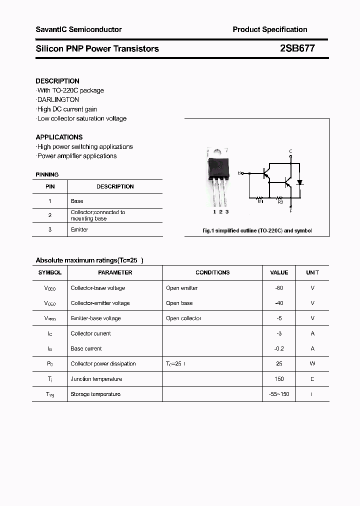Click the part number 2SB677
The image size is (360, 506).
click(297, 48)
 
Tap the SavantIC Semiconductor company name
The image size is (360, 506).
click(78, 29)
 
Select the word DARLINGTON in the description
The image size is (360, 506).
click(58, 99)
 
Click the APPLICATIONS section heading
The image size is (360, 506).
click(59, 137)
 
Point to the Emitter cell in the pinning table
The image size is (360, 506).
click(79, 229)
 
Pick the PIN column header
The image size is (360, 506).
click(50, 186)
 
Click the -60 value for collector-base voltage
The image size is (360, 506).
click(279, 288)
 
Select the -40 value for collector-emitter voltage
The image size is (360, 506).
click(279, 303)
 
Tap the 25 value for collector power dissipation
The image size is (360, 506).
click(279, 363)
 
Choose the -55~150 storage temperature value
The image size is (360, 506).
click(279, 394)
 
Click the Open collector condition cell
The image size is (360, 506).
click(183, 318)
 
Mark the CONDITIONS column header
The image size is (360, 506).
click(212, 272)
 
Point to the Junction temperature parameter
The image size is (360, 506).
click(96, 379)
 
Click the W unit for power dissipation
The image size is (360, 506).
click(312, 363)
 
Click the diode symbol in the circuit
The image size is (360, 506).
click(299, 182)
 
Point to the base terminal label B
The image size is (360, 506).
click(239, 173)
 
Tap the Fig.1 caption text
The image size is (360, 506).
click(257, 231)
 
